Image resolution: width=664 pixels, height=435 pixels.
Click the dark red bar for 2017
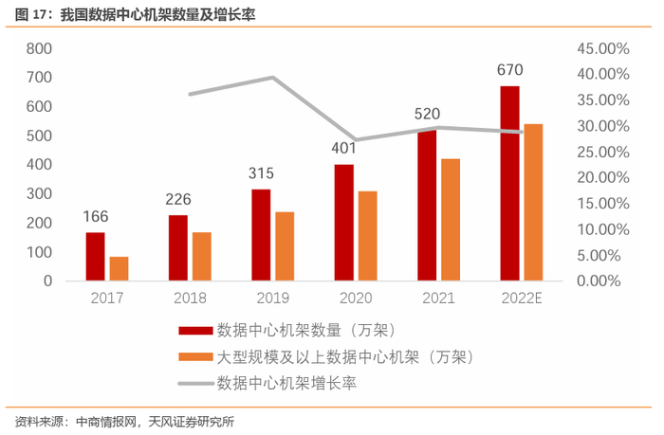95,256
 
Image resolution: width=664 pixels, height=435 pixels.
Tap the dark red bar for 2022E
510,183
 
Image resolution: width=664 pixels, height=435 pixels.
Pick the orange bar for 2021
451,220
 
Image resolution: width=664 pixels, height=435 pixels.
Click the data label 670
510,69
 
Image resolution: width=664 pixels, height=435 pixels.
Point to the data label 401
344,148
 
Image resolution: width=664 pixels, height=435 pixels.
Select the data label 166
95,215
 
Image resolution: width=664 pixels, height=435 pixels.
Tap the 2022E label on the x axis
521,297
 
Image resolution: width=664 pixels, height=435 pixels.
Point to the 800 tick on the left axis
39,48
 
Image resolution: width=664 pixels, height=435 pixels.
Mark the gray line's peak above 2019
273,78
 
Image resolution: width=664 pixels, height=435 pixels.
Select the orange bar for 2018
201,256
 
